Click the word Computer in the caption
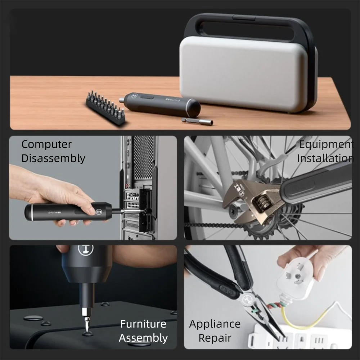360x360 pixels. point(46,144)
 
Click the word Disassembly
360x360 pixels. point(53,158)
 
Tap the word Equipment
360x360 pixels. point(326,144)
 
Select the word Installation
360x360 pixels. point(325,158)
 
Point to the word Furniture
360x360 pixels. point(143,324)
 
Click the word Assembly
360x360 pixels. point(143,338)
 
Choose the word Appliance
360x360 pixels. point(215,324)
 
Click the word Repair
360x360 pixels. point(215,338)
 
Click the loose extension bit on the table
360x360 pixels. point(197,121)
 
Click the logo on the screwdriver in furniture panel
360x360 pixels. point(86,249)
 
